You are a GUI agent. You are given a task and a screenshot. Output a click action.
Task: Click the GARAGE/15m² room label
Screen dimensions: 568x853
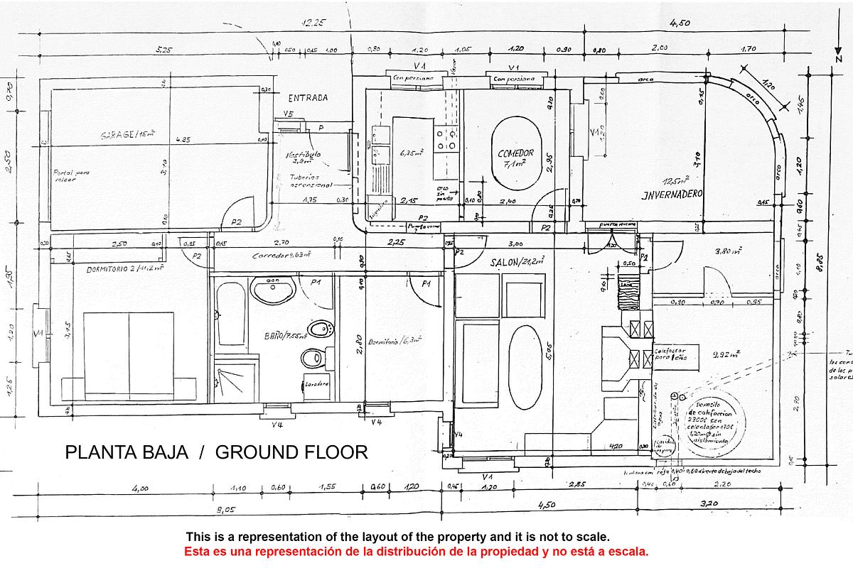coord(127,134)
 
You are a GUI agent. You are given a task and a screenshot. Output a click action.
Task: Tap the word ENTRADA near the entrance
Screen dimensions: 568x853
coord(308,98)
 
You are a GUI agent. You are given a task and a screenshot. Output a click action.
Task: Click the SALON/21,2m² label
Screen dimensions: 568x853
coord(517,261)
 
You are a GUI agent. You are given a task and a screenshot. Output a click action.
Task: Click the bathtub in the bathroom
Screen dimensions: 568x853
coord(229,313)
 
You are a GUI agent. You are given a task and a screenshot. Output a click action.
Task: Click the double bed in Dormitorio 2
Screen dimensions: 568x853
coord(129,356)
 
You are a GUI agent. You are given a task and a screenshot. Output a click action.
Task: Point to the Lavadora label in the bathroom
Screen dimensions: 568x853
coord(316,384)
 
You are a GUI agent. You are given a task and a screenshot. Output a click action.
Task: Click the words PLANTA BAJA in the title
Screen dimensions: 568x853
coord(127,452)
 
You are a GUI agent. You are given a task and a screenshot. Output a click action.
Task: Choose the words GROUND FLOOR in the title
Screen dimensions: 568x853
coord(291,452)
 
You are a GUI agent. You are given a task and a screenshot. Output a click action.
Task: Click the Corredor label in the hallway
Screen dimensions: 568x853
coord(281,255)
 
